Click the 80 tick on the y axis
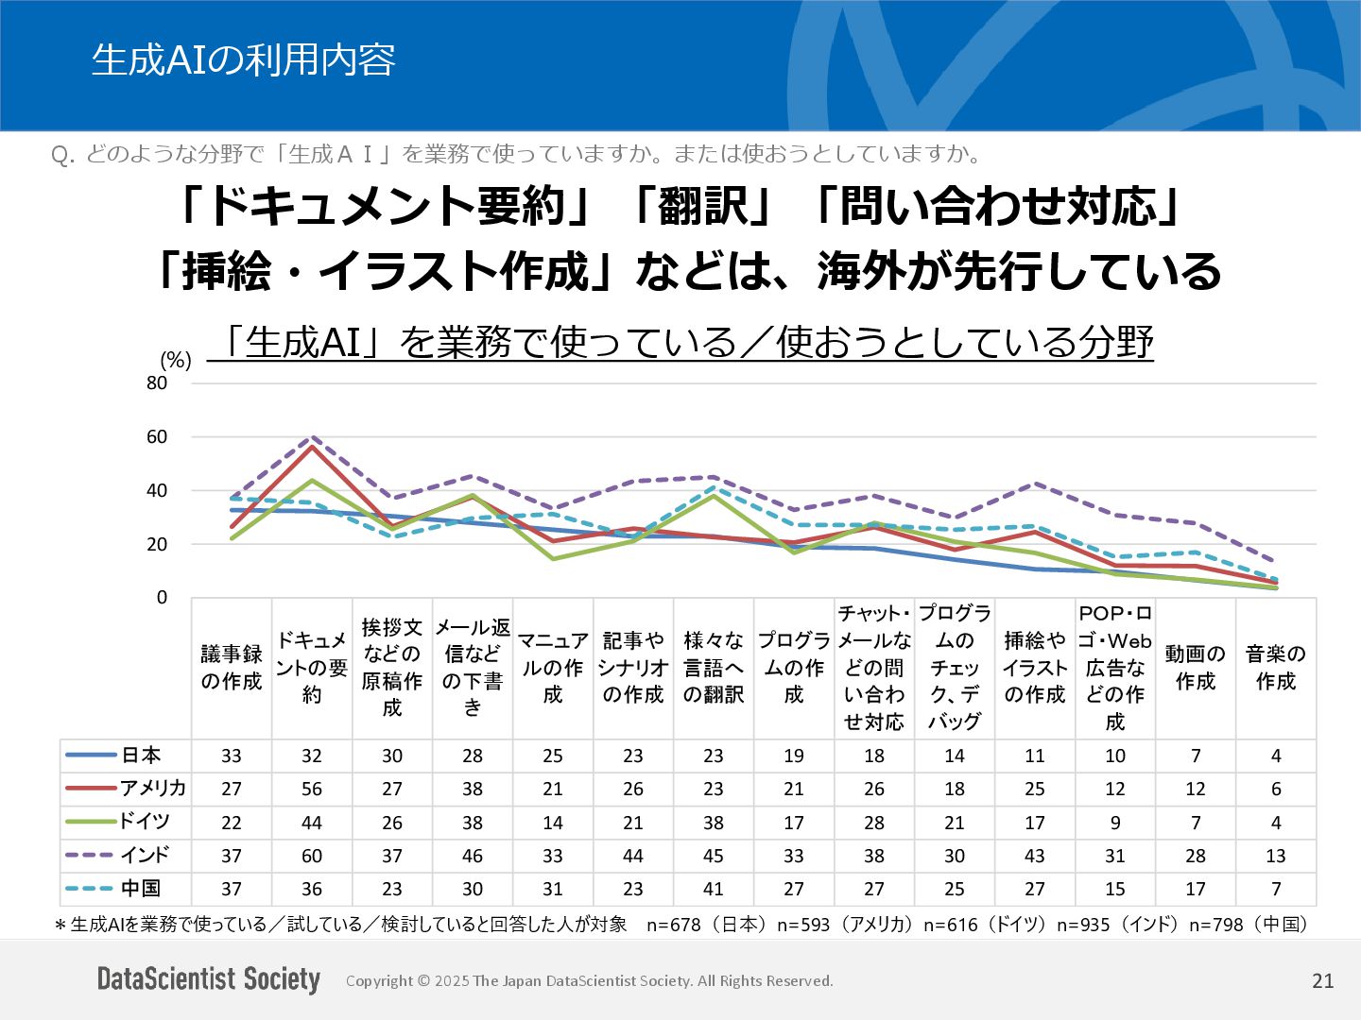point(157,382)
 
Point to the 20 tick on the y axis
point(157,544)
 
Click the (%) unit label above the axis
point(176,360)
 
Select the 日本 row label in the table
point(141,755)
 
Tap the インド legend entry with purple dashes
point(144,855)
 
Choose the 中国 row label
point(141,888)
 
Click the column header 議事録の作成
point(232,668)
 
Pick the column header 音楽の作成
point(1276,668)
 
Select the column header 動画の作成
point(1196,668)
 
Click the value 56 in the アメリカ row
point(312,789)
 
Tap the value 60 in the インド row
point(312,856)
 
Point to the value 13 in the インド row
point(1276,856)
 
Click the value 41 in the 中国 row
point(714,889)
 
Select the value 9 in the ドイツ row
point(1115,822)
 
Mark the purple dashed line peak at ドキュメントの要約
point(312,437)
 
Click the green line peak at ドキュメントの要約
point(312,480)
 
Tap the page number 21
point(1323,980)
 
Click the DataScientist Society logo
point(209,979)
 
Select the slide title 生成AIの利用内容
point(243,59)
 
